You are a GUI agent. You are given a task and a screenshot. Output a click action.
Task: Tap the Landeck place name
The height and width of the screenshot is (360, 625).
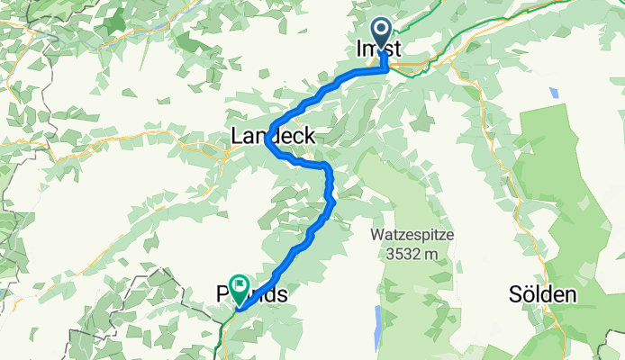tap(274, 137)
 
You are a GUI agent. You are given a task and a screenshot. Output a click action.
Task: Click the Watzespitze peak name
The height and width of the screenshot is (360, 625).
tap(411, 236)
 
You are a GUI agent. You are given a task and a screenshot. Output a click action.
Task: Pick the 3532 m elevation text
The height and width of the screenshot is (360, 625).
tap(411, 253)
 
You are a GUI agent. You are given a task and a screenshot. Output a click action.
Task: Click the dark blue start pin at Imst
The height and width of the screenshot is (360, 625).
tap(381, 34)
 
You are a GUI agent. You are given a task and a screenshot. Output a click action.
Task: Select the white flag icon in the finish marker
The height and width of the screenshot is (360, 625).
tap(240, 283)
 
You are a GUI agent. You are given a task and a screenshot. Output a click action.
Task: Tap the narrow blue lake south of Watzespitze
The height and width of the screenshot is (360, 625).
tap(376, 319)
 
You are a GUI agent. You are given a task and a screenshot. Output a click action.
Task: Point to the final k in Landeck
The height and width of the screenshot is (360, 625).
tap(311, 137)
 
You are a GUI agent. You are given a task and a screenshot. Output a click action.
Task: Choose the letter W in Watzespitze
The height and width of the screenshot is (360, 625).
tap(376, 236)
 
